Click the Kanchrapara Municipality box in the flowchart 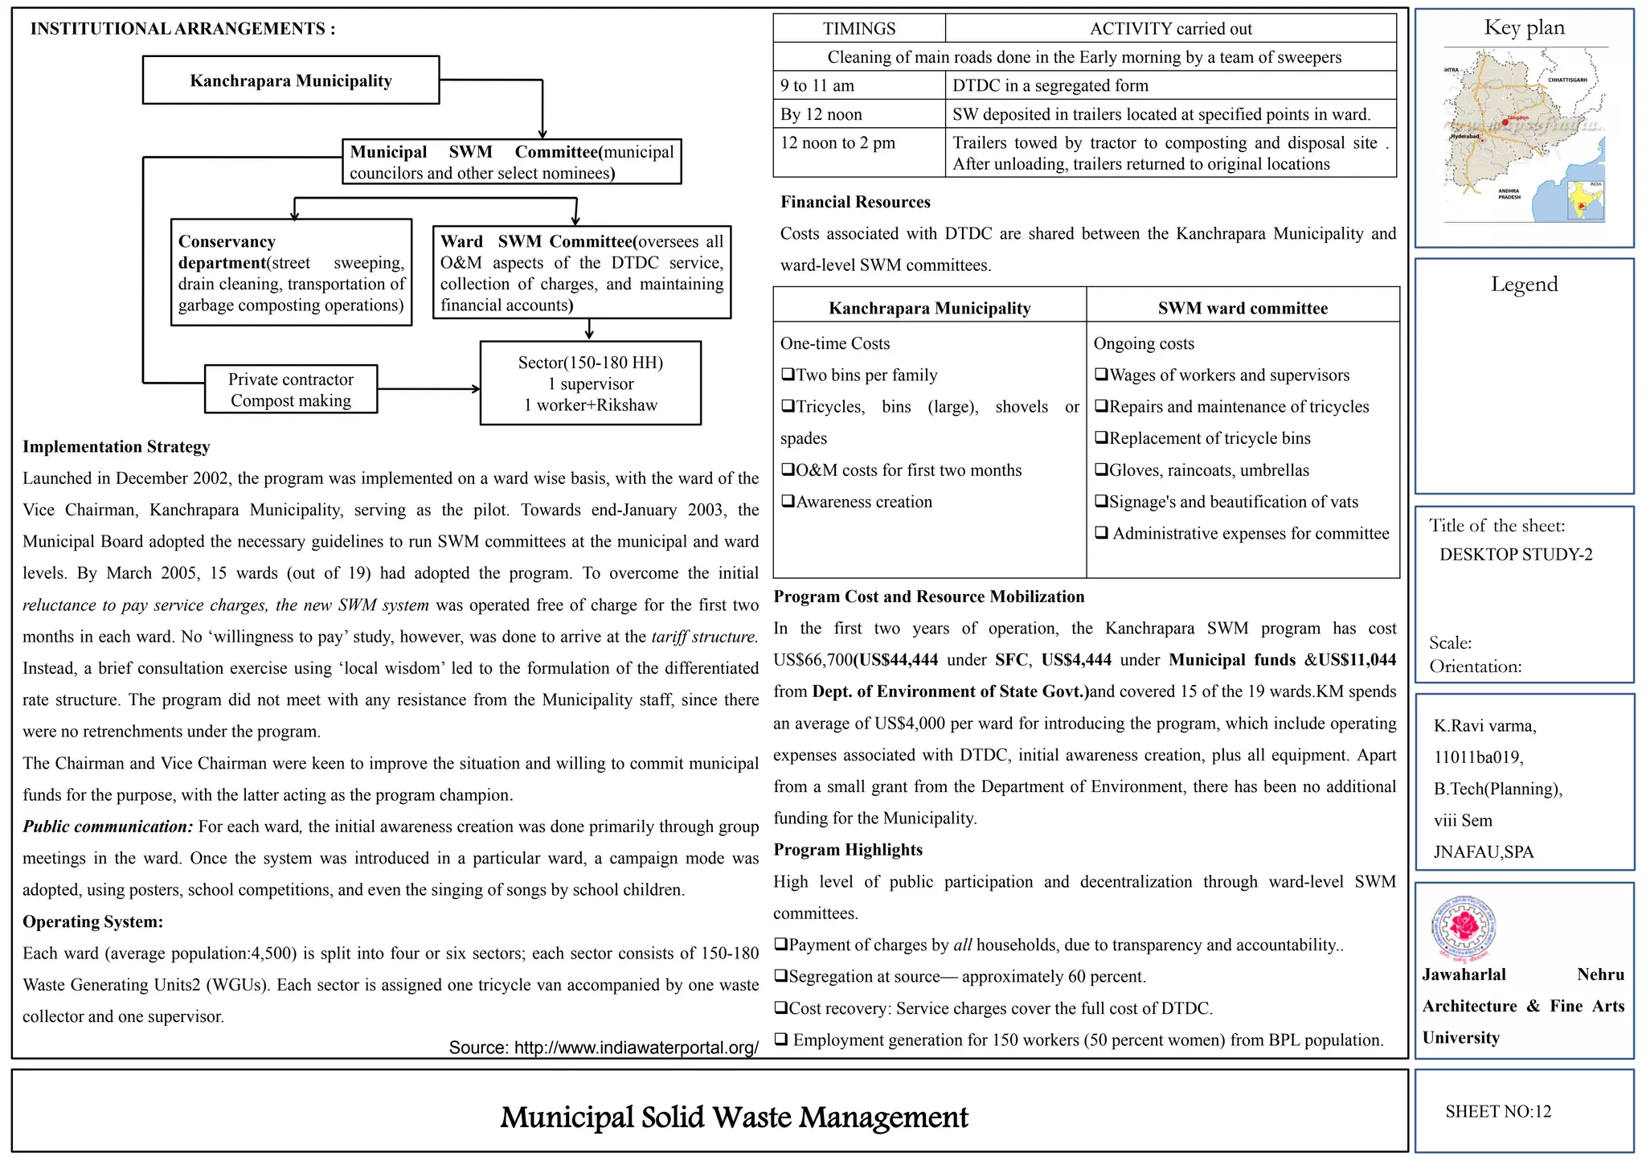click(x=291, y=80)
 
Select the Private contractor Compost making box click(x=291, y=390)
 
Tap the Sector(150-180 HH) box click(x=590, y=384)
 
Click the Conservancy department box click(x=291, y=273)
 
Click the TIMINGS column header click(x=858, y=29)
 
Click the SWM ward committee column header click(x=1242, y=308)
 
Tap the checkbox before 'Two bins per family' click(x=788, y=375)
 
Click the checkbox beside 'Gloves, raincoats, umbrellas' click(x=1101, y=470)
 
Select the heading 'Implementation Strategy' click(x=117, y=447)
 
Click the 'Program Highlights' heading click(x=848, y=850)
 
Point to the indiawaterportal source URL click(x=603, y=1048)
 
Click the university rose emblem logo click(x=1464, y=929)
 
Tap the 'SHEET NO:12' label click(x=1498, y=1112)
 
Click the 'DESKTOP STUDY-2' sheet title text click(x=1516, y=555)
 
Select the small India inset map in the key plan click(x=1586, y=201)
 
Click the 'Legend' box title click(x=1524, y=284)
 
